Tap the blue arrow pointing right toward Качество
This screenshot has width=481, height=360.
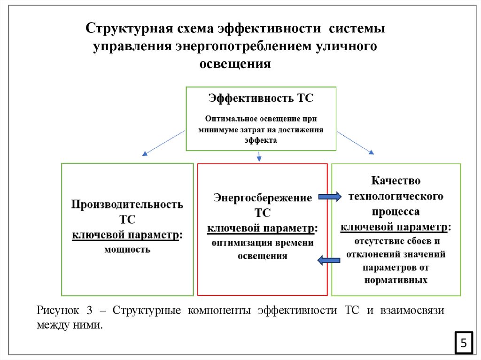pos(330,197)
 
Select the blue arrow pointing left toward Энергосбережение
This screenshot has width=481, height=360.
pos(329,260)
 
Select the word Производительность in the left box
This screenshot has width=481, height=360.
pos(127,205)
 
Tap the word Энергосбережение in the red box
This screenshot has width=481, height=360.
pos(263,198)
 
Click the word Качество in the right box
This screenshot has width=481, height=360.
pos(396,180)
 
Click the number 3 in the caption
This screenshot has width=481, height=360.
pos(89,311)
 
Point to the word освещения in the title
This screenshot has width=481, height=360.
pos(236,63)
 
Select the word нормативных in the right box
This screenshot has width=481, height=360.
pos(396,280)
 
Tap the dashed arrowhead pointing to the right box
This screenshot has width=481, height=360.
pos(372,152)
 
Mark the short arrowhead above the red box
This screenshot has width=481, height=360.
pos(258,159)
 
